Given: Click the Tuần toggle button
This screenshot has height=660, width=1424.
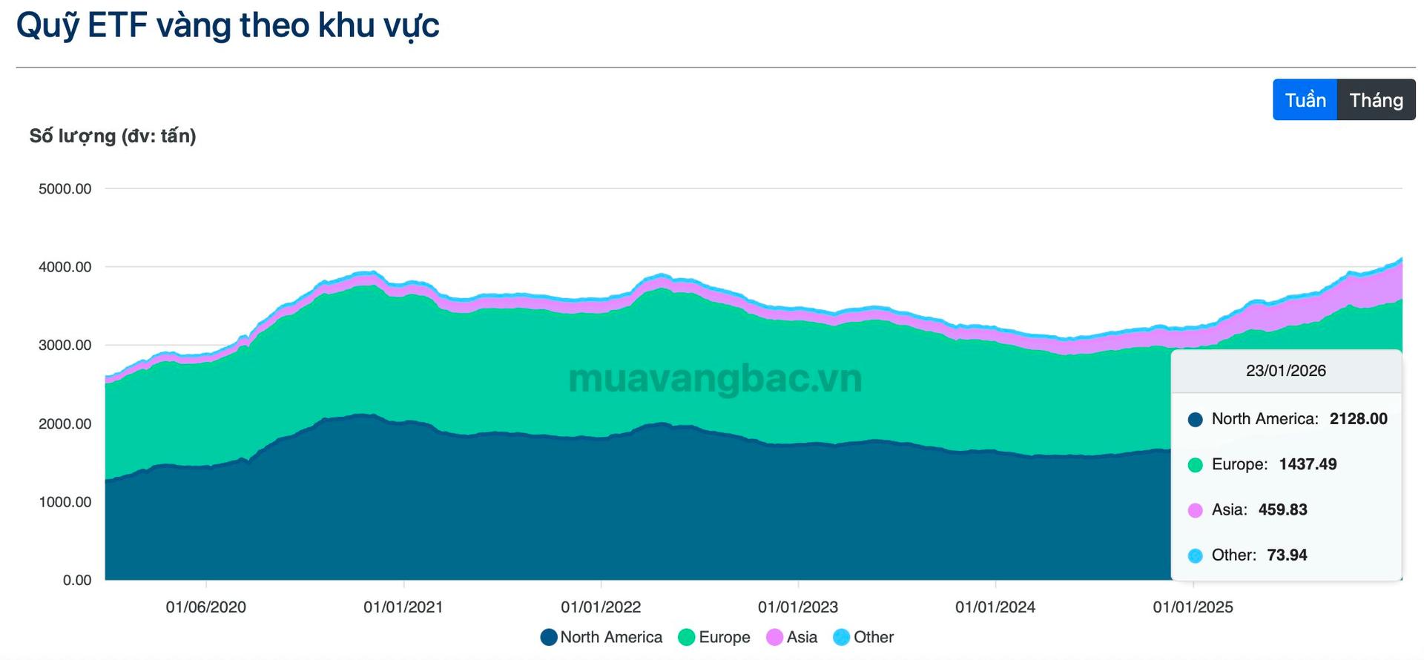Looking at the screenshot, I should [x=1305, y=100].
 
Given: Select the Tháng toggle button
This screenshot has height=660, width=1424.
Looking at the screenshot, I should [x=1376, y=100].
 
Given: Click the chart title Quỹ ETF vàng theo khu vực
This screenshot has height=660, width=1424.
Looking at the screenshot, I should [x=228, y=26].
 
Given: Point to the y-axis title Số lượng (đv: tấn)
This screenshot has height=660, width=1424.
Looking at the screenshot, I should [x=113, y=136].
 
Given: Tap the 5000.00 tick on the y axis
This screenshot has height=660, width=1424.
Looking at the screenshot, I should [x=65, y=189].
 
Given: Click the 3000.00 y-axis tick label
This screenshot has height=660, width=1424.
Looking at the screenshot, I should [x=65, y=346].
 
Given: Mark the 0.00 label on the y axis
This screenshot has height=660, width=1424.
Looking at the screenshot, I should [x=77, y=581].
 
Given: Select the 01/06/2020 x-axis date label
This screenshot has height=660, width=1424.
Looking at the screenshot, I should [x=205, y=607].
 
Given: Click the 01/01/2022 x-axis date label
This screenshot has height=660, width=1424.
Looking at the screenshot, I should [x=601, y=607].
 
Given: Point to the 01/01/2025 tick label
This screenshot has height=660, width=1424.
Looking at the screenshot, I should [x=1193, y=607].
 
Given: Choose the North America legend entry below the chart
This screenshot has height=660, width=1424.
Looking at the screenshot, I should [x=601, y=638].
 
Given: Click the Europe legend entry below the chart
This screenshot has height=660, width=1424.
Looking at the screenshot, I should [x=714, y=638].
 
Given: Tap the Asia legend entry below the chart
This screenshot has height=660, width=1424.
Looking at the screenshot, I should [x=792, y=638].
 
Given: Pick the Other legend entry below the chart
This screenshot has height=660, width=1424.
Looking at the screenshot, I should [x=864, y=638].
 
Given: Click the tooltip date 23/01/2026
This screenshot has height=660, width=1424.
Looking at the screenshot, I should [x=1286, y=371].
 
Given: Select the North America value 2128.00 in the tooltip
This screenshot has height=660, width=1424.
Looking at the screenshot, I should [x=1358, y=419].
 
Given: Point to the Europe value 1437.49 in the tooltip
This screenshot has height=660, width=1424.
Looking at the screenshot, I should [x=1308, y=464].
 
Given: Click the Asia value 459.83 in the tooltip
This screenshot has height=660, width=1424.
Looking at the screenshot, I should [x=1282, y=510].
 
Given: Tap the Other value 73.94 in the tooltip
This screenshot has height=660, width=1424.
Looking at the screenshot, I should [x=1287, y=555].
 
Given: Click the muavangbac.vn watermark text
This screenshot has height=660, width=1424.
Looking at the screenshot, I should [x=715, y=379].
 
